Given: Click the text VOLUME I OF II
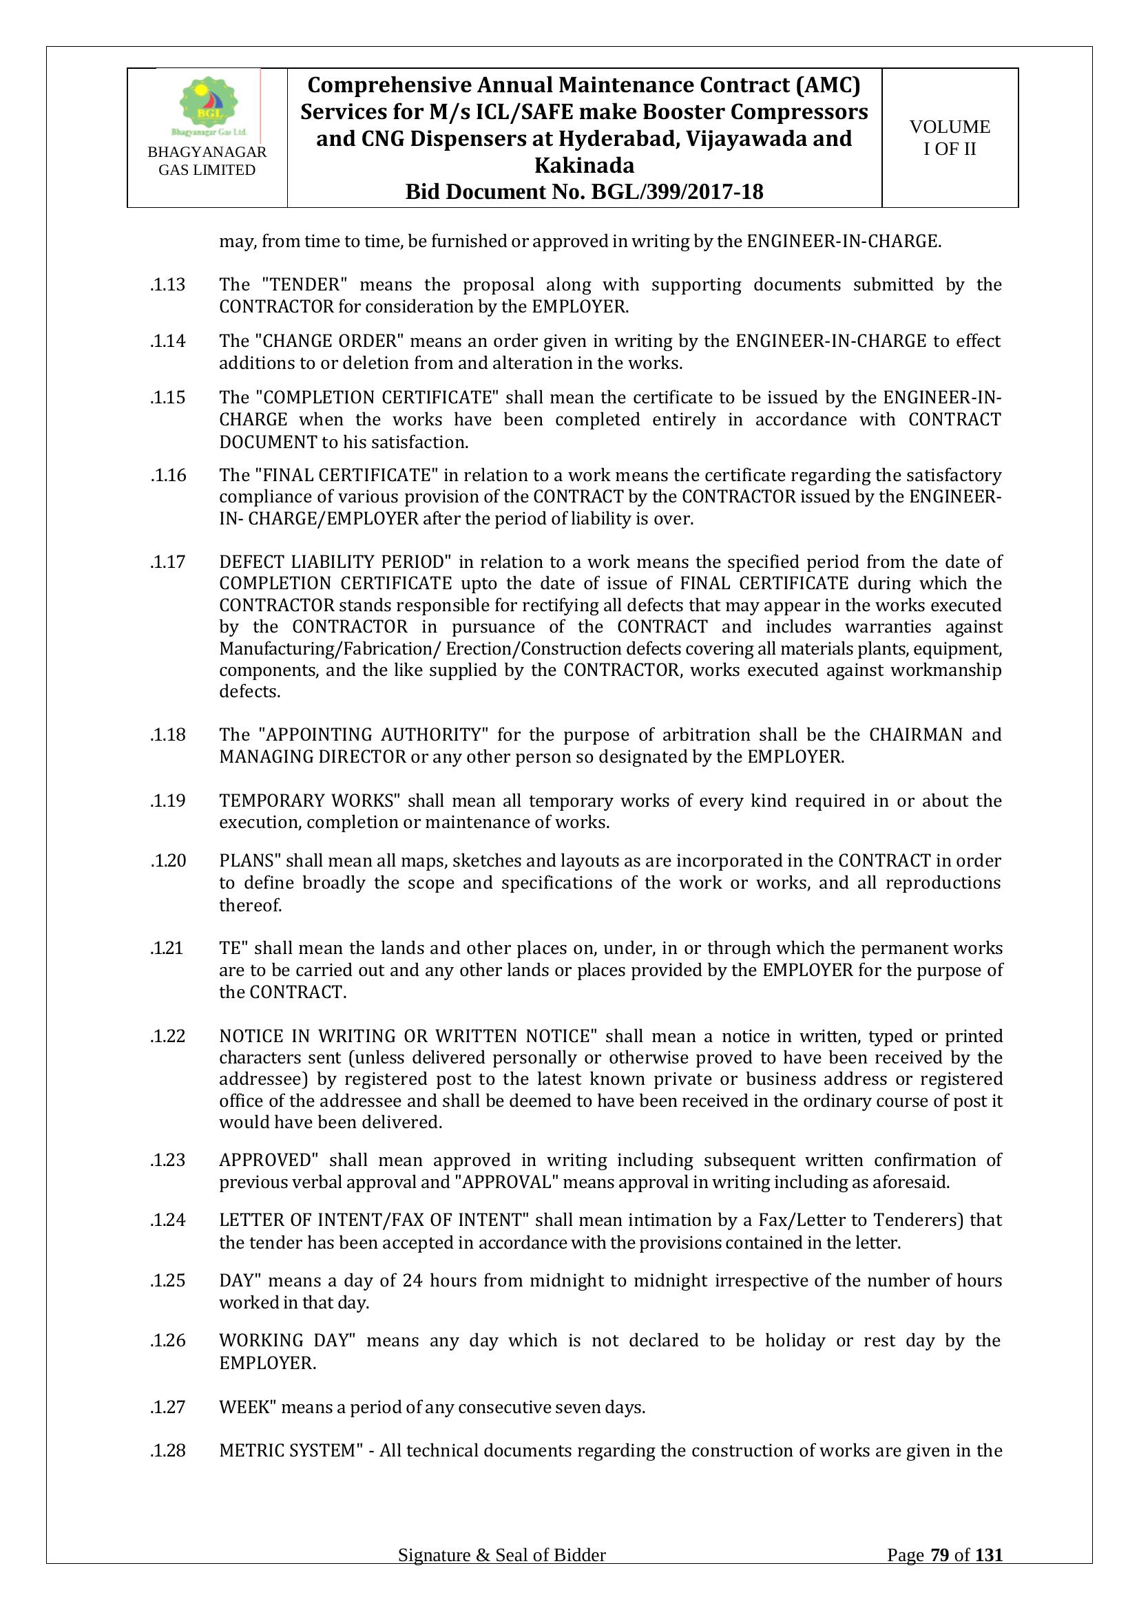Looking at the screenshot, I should [x=950, y=138].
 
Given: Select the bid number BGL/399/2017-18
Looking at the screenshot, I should [x=678, y=192].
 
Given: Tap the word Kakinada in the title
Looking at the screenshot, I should [x=584, y=165].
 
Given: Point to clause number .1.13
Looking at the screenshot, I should [x=167, y=285].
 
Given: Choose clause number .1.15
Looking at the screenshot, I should [x=167, y=398].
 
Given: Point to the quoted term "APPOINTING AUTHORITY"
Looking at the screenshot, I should [x=373, y=735].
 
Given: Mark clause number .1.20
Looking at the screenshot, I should [x=167, y=860].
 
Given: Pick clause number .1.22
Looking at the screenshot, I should [x=167, y=1036].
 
